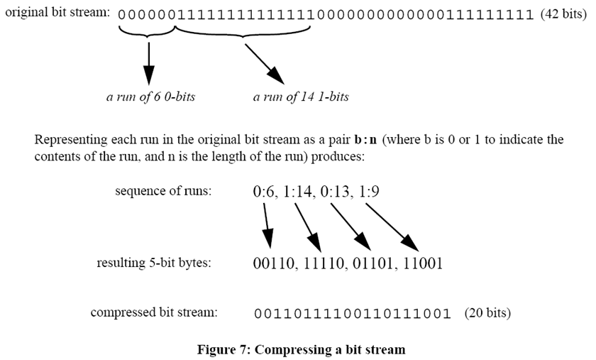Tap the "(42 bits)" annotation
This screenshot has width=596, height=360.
click(x=563, y=13)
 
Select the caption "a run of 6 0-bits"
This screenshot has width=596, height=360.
click(x=150, y=97)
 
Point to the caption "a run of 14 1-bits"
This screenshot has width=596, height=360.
click(x=301, y=97)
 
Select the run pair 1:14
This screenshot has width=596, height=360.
click(x=302, y=192)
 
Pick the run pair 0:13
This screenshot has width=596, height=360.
click(x=344, y=192)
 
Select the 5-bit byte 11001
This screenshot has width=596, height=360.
click(x=419, y=264)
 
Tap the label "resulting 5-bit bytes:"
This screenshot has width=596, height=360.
click(x=155, y=263)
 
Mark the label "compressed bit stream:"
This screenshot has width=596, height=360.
click(x=154, y=312)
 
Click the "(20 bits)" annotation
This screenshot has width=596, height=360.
click(x=487, y=312)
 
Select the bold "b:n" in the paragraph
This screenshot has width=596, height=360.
click(x=370, y=139)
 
